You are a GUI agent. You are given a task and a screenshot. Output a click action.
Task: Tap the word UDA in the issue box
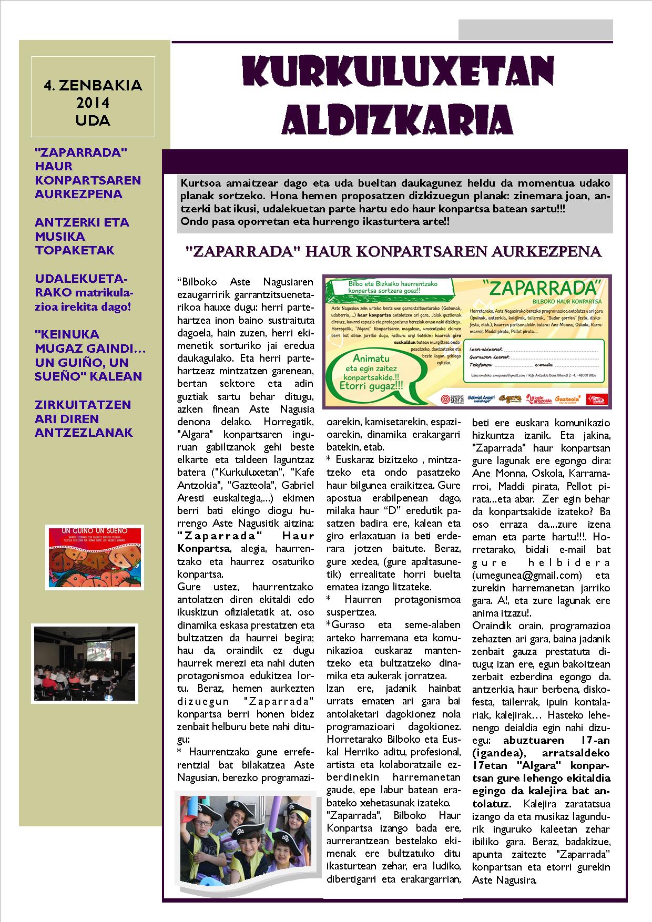tap(93, 120)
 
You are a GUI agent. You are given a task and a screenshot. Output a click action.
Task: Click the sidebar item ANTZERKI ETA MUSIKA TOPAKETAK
tap(82, 236)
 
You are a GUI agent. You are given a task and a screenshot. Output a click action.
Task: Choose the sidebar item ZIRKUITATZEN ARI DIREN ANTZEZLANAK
tap(84, 418)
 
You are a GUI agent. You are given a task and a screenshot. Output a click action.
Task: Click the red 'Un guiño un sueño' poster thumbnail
tap(95, 557)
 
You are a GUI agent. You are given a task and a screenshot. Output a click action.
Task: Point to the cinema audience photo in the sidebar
tap(84, 663)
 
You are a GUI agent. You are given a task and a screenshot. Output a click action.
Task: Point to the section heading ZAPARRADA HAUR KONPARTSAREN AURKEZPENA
tap(394, 252)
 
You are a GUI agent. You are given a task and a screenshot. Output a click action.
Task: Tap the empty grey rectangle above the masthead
tap(535, 29)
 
